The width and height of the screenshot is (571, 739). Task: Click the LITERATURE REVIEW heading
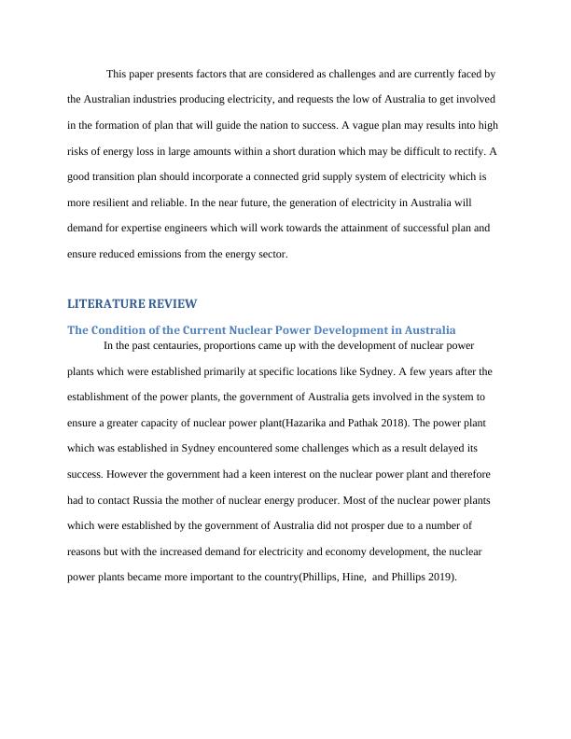[132, 304]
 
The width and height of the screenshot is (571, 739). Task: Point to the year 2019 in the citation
[438, 577]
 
